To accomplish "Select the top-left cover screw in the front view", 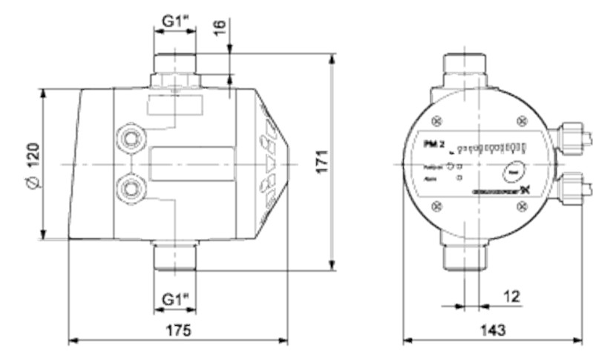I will tap(437, 119).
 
